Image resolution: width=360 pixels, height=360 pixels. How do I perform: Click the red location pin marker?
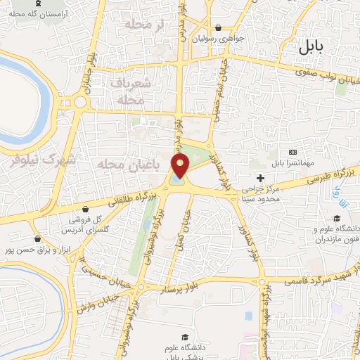tap(181, 166)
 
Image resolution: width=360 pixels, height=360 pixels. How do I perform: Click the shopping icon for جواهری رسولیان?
tap(219, 28)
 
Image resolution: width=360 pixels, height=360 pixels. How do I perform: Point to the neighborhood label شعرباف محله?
tap(127, 91)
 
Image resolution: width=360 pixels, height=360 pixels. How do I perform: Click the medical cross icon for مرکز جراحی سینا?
tap(260, 178)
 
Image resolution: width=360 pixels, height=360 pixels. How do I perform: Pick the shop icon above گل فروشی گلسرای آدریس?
tap(85, 209)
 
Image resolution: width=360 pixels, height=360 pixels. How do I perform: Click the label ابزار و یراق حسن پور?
tap(39, 249)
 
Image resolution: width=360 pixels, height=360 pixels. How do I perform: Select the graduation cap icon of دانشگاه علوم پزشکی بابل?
tap(185, 337)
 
